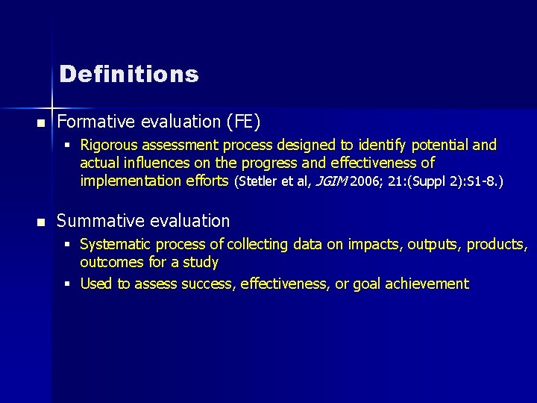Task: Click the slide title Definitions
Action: coord(128,75)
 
